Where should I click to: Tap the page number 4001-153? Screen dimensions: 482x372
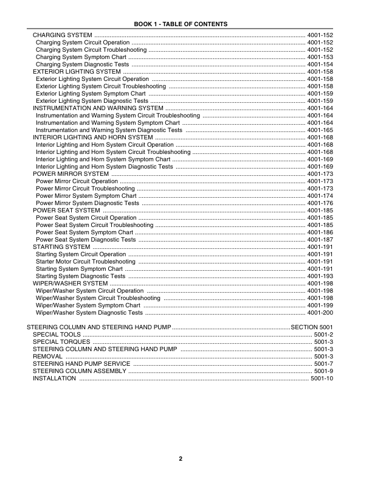click(320, 57)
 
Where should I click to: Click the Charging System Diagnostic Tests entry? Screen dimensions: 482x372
click(82, 64)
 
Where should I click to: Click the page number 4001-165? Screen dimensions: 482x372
click(320, 130)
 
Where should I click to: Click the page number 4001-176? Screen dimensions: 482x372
click(320, 203)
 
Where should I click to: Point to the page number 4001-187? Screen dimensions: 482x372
click(320, 240)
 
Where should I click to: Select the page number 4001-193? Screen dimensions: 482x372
click(320, 276)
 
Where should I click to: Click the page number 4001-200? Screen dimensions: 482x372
click(320, 313)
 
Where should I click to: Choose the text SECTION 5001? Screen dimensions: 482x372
click(312, 327)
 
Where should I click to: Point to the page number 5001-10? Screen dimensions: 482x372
click(322, 379)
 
